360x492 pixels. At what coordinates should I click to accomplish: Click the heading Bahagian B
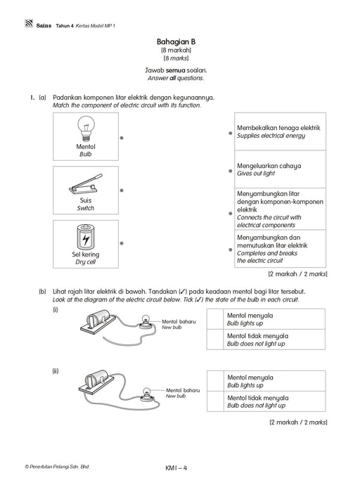click(176, 41)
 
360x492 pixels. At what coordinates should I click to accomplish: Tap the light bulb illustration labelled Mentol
click(86, 129)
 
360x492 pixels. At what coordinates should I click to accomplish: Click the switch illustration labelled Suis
click(86, 183)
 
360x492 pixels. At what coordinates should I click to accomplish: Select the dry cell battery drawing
click(86, 238)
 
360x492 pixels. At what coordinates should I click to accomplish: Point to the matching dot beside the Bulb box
click(122, 138)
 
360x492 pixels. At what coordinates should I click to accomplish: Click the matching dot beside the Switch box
click(122, 190)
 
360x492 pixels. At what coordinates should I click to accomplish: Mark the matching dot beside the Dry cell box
click(122, 243)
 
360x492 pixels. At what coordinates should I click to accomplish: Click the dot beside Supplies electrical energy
click(231, 133)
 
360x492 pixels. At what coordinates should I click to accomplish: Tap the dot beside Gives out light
click(231, 171)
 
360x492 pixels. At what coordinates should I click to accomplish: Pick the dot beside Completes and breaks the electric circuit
click(231, 250)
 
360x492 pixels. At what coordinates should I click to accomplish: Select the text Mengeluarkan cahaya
click(269, 166)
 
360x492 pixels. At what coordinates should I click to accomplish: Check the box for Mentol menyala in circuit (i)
click(215, 319)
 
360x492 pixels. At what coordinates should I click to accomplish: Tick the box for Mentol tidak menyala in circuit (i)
click(215, 339)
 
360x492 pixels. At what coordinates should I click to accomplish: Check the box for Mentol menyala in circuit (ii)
click(215, 381)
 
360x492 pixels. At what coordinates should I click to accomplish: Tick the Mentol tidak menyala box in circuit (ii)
click(215, 401)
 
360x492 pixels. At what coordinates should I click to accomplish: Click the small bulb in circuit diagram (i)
click(146, 321)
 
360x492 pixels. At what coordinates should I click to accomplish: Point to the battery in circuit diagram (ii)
click(96, 379)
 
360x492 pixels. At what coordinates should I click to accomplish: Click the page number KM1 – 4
click(176, 468)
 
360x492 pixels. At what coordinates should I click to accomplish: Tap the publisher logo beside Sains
click(29, 23)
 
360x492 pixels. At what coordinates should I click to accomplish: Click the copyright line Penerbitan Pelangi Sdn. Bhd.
click(58, 467)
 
